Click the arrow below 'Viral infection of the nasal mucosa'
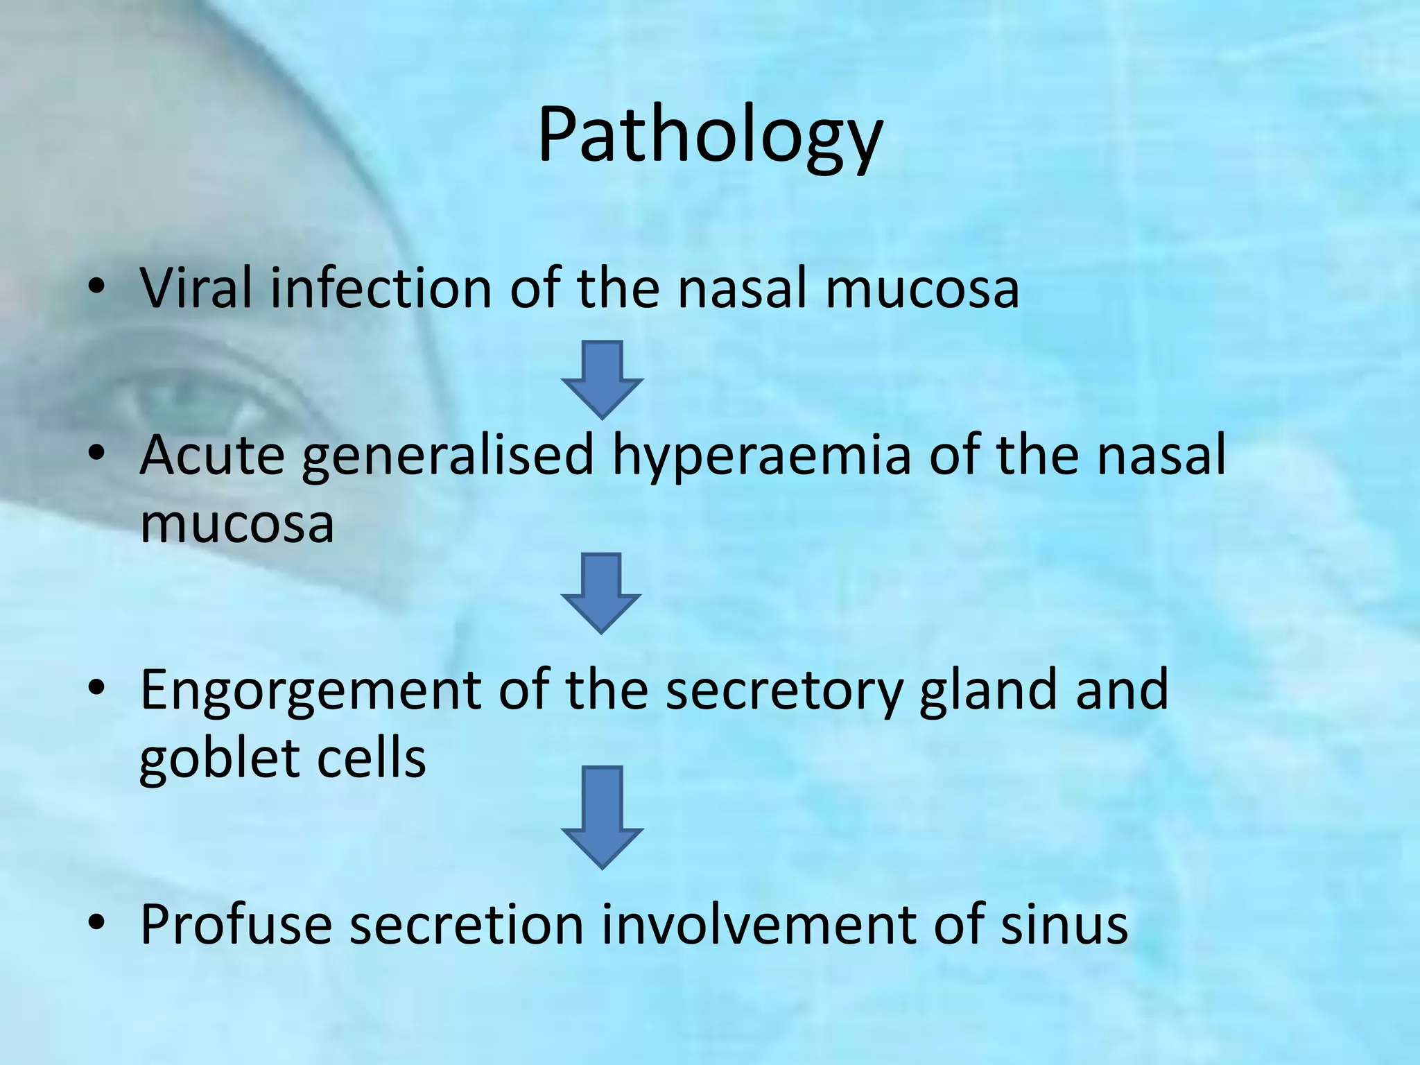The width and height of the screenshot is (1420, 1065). [602, 379]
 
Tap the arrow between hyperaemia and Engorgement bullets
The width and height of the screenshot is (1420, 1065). [601, 593]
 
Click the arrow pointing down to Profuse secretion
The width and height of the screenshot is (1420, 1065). [602, 817]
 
